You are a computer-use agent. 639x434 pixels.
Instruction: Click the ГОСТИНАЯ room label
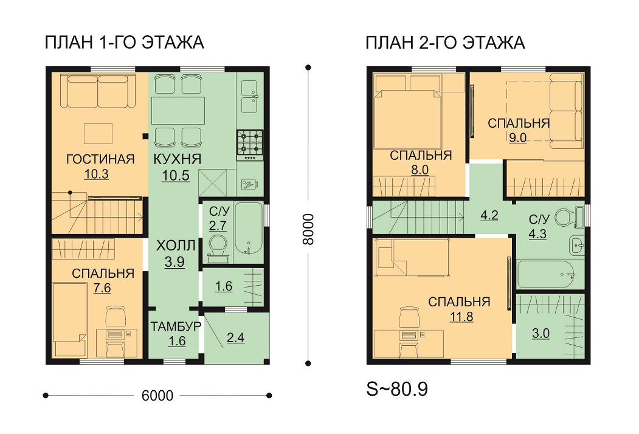point(100,159)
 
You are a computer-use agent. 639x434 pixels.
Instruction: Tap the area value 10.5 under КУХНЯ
point(176,175)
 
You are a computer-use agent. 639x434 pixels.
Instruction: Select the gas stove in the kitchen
point(250,145)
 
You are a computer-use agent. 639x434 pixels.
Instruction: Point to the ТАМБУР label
point(176,326)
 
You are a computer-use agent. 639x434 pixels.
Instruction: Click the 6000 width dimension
point(157,396)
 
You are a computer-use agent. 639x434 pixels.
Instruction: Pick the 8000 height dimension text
point(308,229)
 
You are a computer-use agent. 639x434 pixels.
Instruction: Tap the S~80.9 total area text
point(397,389)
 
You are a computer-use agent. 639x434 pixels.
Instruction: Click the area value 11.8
point(461,316)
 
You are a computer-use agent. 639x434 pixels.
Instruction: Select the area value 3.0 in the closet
point(541,333)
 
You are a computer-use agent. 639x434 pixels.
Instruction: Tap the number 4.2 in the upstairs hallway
point(489,215)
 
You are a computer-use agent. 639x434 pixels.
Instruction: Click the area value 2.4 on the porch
point(235,338)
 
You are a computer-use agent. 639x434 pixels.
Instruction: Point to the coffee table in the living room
point(98,134)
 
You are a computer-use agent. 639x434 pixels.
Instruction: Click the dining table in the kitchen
point(178,110)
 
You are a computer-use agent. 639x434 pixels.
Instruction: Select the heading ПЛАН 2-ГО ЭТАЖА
point(445,43)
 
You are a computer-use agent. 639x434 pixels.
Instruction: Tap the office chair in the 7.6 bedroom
point(116,315)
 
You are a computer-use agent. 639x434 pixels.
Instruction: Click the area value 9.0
point(517,138)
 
